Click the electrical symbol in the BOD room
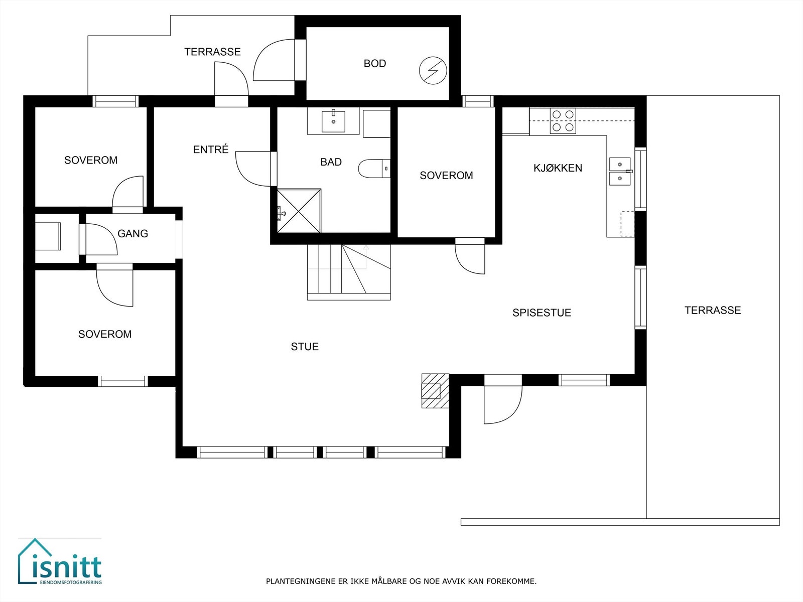(433, 71)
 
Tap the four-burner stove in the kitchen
(563, 121)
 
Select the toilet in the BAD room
(373, 169)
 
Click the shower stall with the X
(299, 211)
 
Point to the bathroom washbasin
(333, 121)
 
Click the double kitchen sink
(620, 171)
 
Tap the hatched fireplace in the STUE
(435, 391)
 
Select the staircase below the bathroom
(348, 271)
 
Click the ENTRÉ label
(211, 149)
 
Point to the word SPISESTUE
(542, 313)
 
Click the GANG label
(132, 234)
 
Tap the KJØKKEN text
(558, 168)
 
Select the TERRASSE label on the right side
(713, 311)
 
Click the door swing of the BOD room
(274, 60)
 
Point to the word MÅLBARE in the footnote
(389, 581)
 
